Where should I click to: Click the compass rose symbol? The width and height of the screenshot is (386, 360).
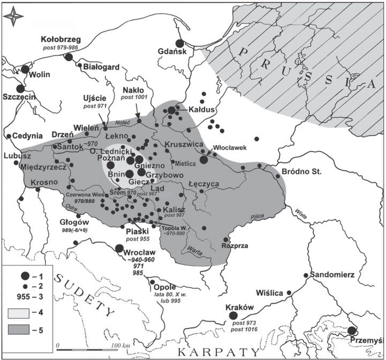click(x=13, y=16)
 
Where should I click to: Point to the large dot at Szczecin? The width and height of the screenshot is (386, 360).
click(x=21, y=89)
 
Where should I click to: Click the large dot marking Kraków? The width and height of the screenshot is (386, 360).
click(x=233, y=316)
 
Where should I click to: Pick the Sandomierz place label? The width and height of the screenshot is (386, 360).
click(x=332, y=274)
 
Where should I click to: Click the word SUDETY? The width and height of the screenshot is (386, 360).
click(x=86, y=297)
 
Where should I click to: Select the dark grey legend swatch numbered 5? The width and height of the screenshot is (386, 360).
click(x=20, y=330)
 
